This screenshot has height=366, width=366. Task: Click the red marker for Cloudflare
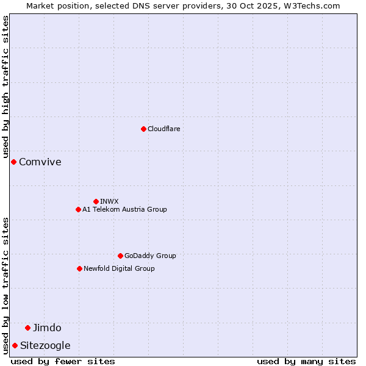click(143, 129)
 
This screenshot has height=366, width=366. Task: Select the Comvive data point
click(13, 162)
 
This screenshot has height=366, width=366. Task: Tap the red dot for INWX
click(96, 201)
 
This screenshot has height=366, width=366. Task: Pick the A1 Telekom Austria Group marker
click(78, 209)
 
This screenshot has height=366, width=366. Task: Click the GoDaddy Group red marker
click(120, 256)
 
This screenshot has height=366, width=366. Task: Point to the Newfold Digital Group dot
click(79, 268)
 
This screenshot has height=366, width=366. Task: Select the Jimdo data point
click(27, 328)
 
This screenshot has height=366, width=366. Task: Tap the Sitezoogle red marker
click(15, 345)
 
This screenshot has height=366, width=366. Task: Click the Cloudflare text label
click(163, 129)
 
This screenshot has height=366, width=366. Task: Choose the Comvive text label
click(40, 162)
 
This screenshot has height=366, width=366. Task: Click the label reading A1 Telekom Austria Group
click(124, 209)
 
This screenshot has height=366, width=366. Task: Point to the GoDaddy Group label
click(150, 256)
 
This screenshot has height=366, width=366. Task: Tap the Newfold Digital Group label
click(119, 268)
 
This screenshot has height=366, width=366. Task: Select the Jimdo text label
click(47, 328)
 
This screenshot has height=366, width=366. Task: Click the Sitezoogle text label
click(45, 345)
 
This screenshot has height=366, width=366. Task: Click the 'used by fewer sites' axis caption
click(63, 361)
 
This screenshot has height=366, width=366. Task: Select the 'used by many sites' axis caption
click(306, 361)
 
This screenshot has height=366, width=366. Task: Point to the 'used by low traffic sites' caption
click(5, 285)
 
